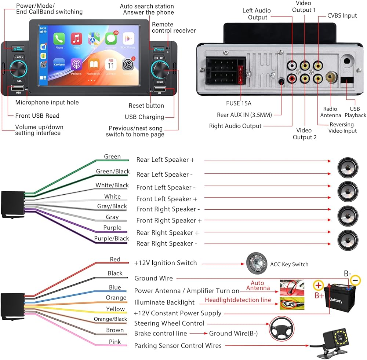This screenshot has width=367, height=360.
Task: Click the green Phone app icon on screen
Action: point(59,39)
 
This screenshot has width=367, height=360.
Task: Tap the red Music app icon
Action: point(76,39)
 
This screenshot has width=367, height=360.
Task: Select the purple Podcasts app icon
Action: point(76,65)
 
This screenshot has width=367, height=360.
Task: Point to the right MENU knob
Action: point(160,69)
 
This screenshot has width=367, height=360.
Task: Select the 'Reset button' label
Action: point(146,106)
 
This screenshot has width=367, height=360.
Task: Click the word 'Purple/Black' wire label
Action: point(112,239)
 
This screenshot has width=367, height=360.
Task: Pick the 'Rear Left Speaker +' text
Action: point(165,160)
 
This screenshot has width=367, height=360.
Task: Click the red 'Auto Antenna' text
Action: point(260,286)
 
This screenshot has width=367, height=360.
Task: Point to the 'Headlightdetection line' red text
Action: point(238,300)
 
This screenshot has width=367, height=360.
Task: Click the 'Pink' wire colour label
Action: point(115,342)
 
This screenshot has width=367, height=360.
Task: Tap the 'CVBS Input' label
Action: point(342,15)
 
